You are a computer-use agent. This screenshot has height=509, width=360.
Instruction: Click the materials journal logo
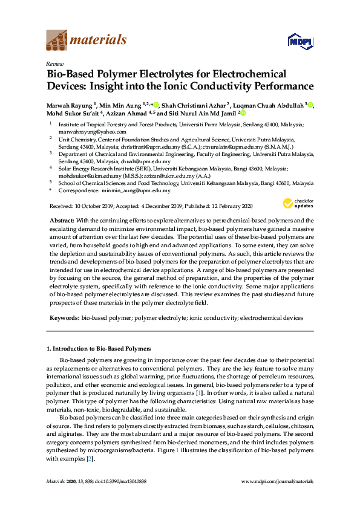[86, 40]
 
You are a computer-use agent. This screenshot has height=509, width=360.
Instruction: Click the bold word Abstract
[61, 221]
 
